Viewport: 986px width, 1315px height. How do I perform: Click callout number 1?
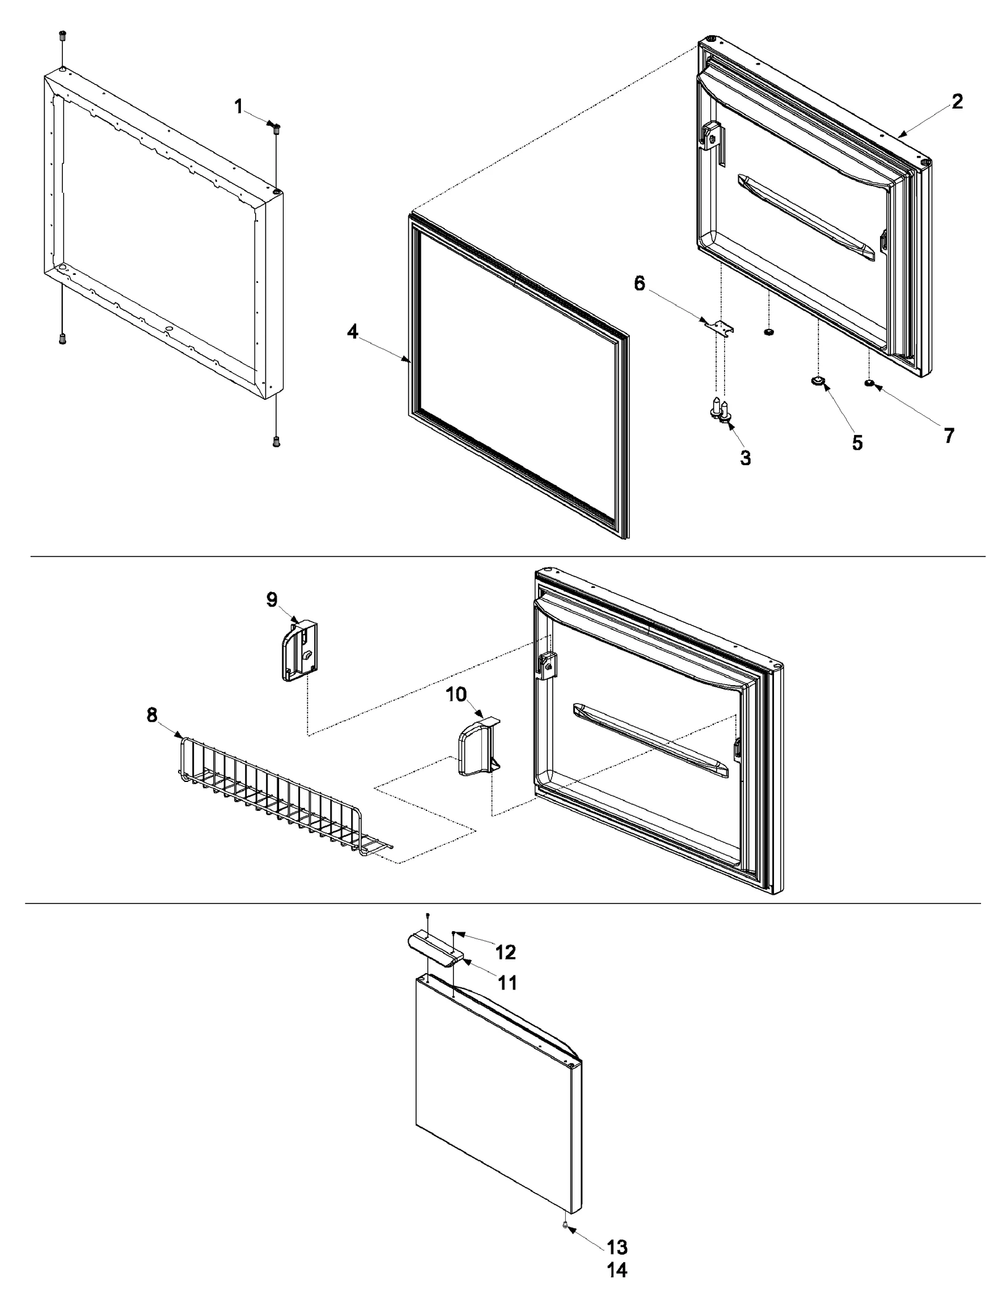[238, 107]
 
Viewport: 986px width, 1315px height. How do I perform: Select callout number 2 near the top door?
[956, 102]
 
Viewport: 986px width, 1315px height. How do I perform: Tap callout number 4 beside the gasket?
[352, 332]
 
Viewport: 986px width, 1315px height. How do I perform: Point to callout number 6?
[639, 284]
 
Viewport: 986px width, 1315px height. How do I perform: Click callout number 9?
[272, 600]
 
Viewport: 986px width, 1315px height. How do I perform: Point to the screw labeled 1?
[275, 128]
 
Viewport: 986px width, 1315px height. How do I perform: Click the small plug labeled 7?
[869, 383]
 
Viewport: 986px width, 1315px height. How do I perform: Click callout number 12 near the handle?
[505, 952]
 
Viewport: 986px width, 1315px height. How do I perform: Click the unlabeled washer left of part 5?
[768, 333]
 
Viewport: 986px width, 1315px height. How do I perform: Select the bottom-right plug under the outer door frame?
[275, 441]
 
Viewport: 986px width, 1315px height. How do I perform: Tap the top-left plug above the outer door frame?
[62, 35]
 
